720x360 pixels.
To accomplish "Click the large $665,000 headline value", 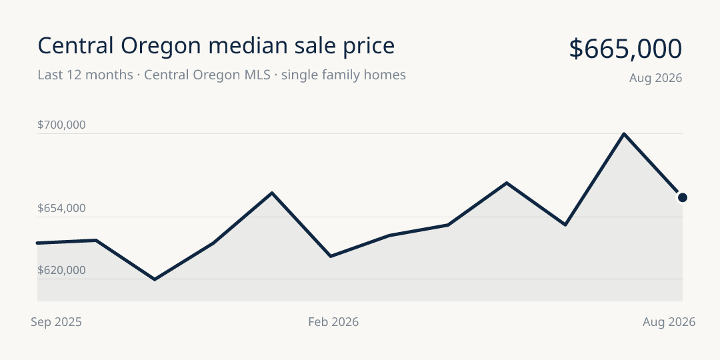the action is [x=625, y=49].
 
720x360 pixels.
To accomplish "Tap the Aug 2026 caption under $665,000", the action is [x=656, y=78].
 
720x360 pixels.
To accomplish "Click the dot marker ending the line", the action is [x=683, y=197].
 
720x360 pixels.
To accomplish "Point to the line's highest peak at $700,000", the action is [x=624, y=133].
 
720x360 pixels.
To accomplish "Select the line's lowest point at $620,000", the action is [x=155, y=279].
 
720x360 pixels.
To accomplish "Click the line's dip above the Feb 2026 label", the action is [x=331, y=256].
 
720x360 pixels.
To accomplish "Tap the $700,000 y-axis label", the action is [x=61, y=125].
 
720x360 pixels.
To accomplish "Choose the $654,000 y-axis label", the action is [x=61, y=209].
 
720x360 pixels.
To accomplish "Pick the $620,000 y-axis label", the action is [x=61, y=271].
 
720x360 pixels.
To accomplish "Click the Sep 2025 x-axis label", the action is [x=56, y=322].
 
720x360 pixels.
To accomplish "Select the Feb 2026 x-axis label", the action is [x=333, y=322].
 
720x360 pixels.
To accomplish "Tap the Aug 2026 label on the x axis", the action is [x=669, y=322].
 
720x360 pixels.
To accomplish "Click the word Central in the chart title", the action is [x=75, y=46].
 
